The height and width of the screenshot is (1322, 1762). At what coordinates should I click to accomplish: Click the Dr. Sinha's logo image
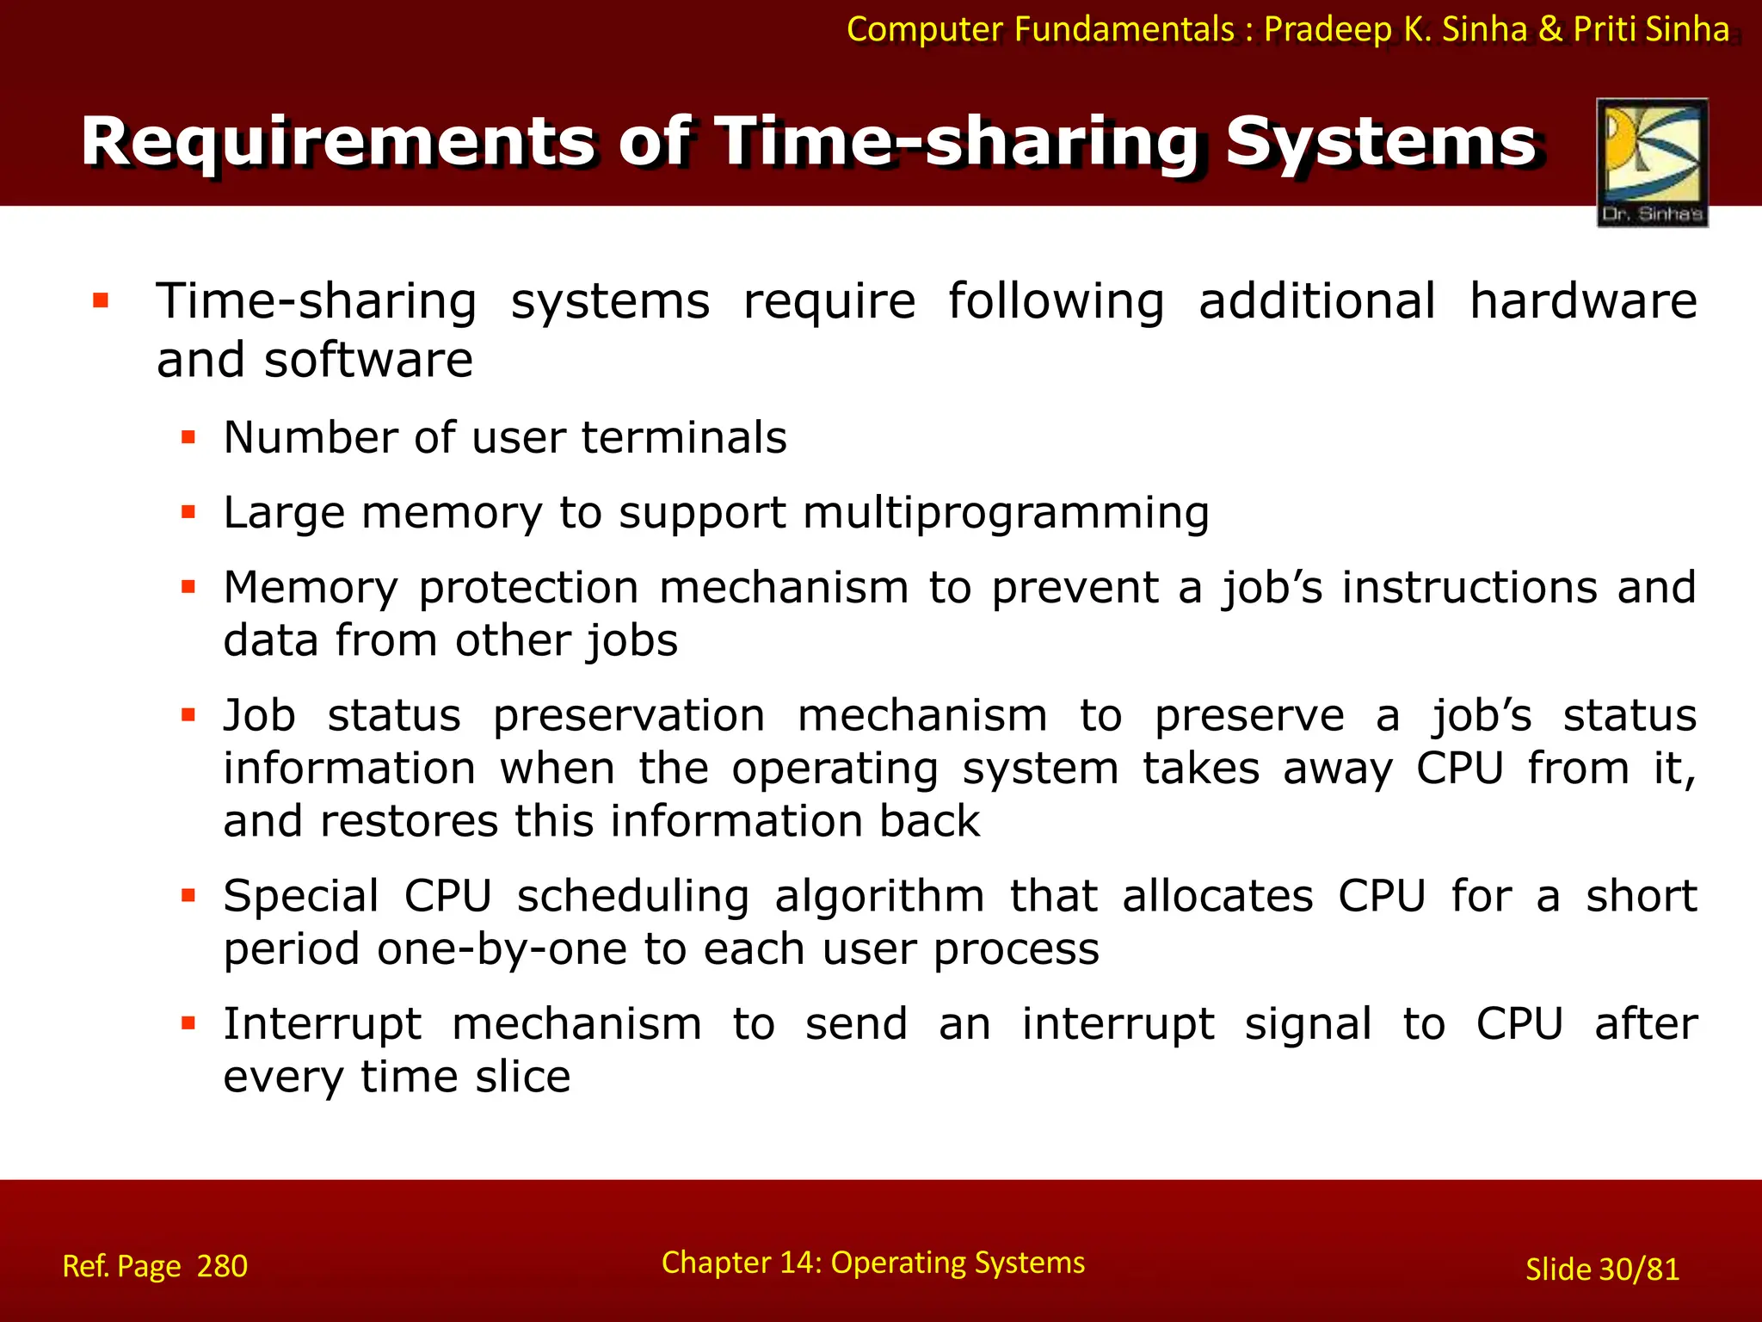pyautogui.click(x=1652, y=162)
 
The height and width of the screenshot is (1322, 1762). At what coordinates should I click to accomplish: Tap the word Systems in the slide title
pyautogui.click(x=1380, y=142)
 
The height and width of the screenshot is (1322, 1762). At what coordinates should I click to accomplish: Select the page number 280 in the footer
pyautogui.click(x=222, y=1266)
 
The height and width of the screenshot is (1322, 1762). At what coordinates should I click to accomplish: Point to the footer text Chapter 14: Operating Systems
pyautogui.click(x=872, y=1263)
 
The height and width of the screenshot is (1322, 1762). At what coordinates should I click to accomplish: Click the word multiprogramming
pyautogui.click(x=1006, y=514)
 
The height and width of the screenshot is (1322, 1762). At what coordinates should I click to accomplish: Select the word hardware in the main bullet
pyautogui.click(x=1582, y=301)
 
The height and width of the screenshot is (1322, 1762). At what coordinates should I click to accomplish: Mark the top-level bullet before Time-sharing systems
pyautogui.click(x=101, y=301)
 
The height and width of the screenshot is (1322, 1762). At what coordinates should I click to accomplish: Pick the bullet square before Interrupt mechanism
pyautogui.click(x=188, y=1024)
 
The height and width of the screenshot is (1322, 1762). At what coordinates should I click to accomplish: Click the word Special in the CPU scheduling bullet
pyautogui.click(x=300, y=897)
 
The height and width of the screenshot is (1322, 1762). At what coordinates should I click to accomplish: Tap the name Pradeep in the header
pyautogui.click(x=1328, y=29)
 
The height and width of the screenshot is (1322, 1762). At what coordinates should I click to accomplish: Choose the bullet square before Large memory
pyautogui.click(x=188, y=513)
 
